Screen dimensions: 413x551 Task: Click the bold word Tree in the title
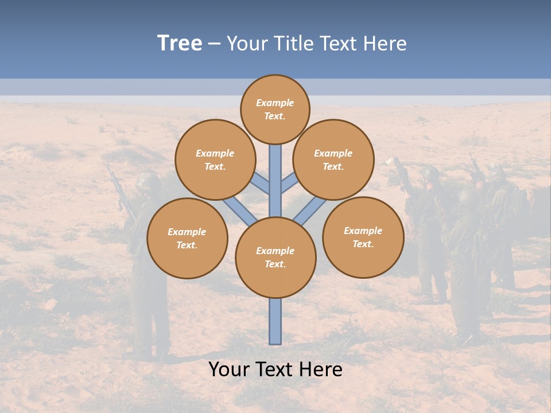click(x=180, y=44)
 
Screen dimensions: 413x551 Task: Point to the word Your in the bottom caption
click(x=230, y=369)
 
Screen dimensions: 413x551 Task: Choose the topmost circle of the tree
click(x=275, y=110)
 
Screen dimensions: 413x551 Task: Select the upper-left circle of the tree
click(x=215, y=159)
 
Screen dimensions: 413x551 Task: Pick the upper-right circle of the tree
click(x=333, y=159)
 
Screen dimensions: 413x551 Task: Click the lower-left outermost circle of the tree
click(x=187, y=238)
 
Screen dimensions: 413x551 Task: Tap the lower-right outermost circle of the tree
click(x=363, y=237)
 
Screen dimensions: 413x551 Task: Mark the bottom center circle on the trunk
click(x=275, y=258)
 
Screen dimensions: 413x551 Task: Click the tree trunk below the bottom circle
click(x=275, y=321)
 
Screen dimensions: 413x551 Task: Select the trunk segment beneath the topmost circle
click(x=275, y=178)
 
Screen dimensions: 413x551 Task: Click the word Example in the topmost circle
click(x=275, y=103)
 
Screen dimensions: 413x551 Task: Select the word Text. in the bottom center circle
click(x=275, y=264)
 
